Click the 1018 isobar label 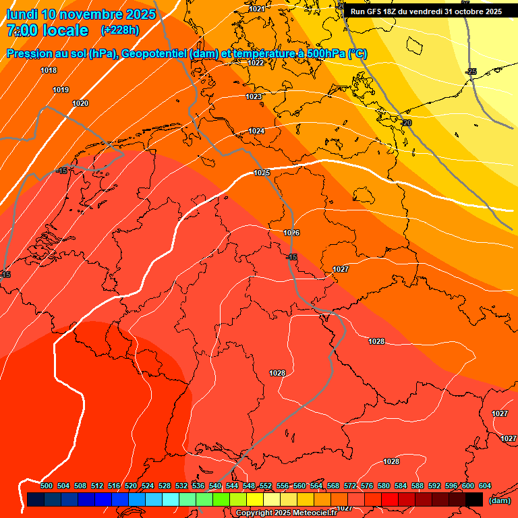pyautogui.click(x=49, y=70)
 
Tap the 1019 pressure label pyautogui.click(x=61, y=90)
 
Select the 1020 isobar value pyautogui.click(x=80, y=103)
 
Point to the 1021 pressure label pyautogui.click(x=256, y=9)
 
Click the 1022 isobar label pyautogui.click(x=256, y=63)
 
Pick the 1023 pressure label pyautogui.click(x=254, y=96)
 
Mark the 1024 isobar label pyautogui.click(x=256, y=131)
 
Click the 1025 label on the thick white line pyautogui.click(x=262, y=173)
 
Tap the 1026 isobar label pyautogui.click(x=291, y=233)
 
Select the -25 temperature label pyautogui.click(x=471, y=71)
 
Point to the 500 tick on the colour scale pyautogui.click(x=47, y=486)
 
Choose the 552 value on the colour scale pyautogui.click(x=266, y=486)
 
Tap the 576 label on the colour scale pyautogui.click(x=367, y=486)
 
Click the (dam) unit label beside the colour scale pyautogui.click(x=499, y=500)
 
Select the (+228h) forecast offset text pyautogui.click(x=119, y=30)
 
